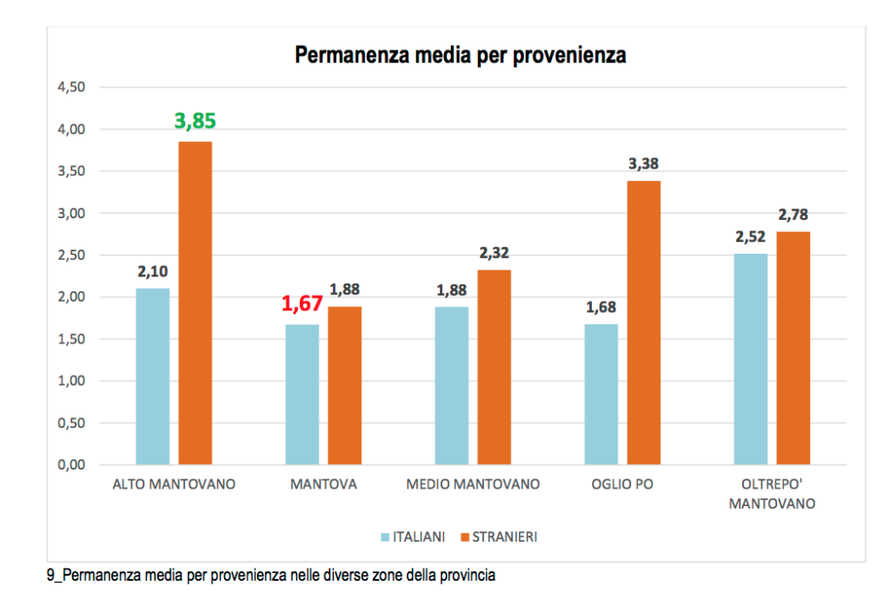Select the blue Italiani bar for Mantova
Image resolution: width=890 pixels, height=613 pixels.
pyautogui.click(x=302, y=395)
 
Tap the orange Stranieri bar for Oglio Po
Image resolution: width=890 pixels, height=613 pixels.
pyautogui.click(x=644, y=323)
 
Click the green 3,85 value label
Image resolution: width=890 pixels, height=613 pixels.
pyautogui.click(x=195, y=120)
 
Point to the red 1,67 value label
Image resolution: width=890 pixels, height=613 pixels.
pyautogui.click(x=302, y=304)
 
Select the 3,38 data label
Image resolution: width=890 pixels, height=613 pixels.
pyautogui.click(x=644, y=163)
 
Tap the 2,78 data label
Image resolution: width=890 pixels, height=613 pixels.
pyautogui.click(x=794, y=214)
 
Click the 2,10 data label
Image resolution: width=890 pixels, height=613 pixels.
pyautogui.click(x=153, y=271)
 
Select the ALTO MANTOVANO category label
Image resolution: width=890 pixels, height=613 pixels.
pyautogui.click(x=174, y=484)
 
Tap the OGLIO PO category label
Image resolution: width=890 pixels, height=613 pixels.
pyautogui.click(x=622, y=484)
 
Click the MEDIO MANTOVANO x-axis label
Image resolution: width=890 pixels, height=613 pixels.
pyautogui.click(x=473, y=484)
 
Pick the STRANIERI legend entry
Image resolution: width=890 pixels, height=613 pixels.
pyautogui.click(x=504, y=536)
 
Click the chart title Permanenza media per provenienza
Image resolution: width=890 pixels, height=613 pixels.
pyautogui.click(x=461, y=56)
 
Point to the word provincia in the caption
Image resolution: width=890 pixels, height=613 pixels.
pyautogui.click(x=469, y=576)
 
